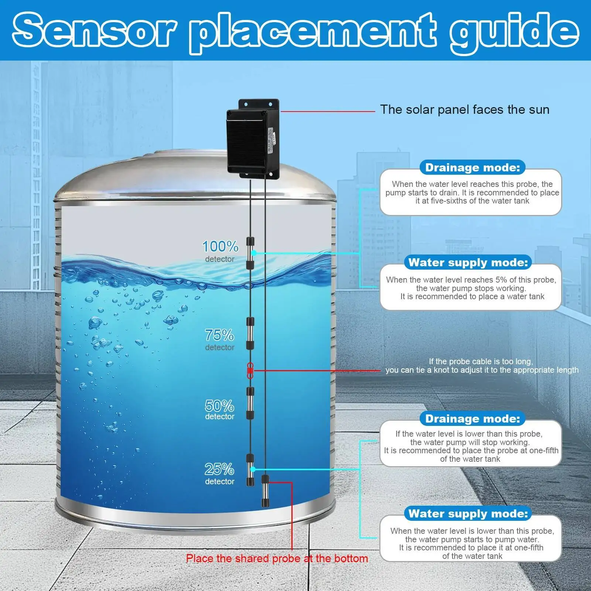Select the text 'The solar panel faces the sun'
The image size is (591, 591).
pos(465,110)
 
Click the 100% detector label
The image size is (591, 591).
pos(220,251)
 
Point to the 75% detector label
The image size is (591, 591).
pos(220,339)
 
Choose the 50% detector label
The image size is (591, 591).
pos(220,410)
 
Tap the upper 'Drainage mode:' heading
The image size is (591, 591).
pos(472,168)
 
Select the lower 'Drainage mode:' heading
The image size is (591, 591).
pos(472,419)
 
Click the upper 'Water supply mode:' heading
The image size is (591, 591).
pos(468,263)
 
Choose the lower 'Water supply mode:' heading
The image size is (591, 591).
pos(468,514)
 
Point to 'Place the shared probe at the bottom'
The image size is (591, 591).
pos(277,558)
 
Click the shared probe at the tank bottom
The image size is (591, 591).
pos(265,491)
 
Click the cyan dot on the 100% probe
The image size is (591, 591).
pos(254,253)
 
